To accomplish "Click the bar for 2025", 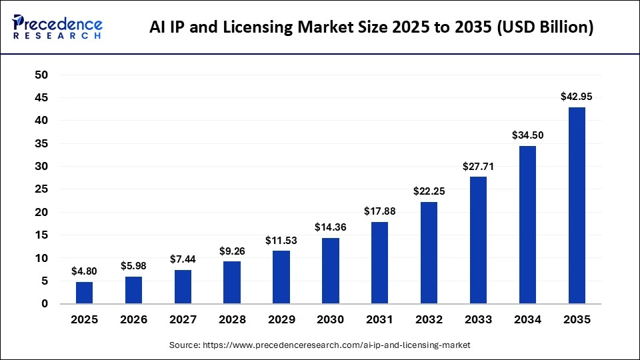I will coord(84,293).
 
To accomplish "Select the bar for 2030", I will coord(331,271).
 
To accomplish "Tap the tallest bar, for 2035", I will coord(577,205).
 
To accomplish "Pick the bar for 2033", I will coord(478,240).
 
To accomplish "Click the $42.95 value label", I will coord(577,97).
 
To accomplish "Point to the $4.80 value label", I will coord(84,271).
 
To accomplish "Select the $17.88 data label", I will coord(380,211).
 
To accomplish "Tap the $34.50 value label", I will coord(527,135).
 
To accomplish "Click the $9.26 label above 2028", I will coord(232,251).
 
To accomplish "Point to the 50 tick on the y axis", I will coord(41,75).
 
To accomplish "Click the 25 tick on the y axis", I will coord(41,189).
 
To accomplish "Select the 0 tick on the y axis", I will coord(45,304).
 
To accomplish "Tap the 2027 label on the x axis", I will coord(183,320).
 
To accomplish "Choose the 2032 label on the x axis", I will coord(429,320).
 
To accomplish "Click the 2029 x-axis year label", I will coord(281,320).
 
